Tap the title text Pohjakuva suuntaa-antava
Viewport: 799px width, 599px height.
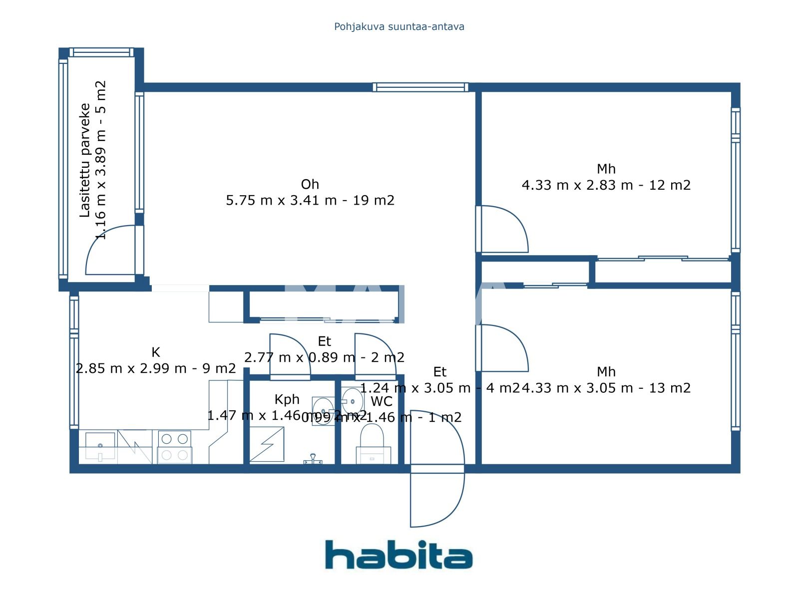coord(399,26)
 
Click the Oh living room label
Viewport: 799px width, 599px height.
coord(310,184)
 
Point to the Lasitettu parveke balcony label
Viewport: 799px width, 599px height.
coord(85,160)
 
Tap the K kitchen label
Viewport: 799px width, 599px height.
coord(156,352)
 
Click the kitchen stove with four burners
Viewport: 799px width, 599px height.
coord(174,447)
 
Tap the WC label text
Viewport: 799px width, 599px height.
coord(382,401)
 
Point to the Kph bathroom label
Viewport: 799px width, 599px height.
coord(287,399)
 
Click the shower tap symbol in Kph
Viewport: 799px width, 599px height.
coord(313,458)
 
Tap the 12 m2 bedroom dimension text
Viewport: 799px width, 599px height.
coord(606,185)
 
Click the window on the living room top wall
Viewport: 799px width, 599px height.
coord(420,87)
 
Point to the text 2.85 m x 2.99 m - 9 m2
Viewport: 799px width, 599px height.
coord(156,368)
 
